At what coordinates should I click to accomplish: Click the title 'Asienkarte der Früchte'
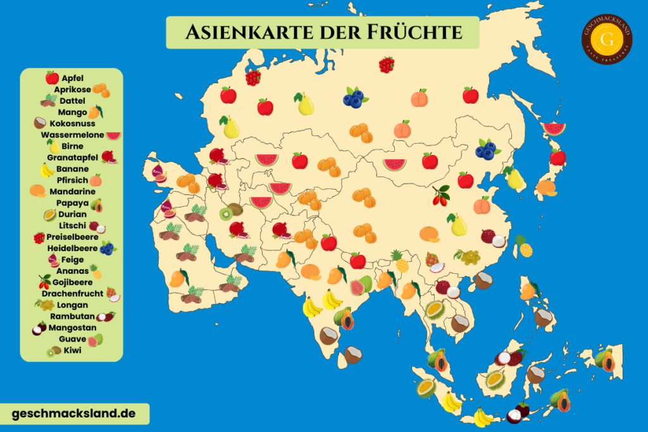point(323,32)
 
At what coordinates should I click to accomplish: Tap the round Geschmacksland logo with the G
point(607,39)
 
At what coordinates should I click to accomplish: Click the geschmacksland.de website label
point(74,414)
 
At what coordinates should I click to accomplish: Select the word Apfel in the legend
point(73,78)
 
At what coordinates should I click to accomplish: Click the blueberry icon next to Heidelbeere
point(108,248)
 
